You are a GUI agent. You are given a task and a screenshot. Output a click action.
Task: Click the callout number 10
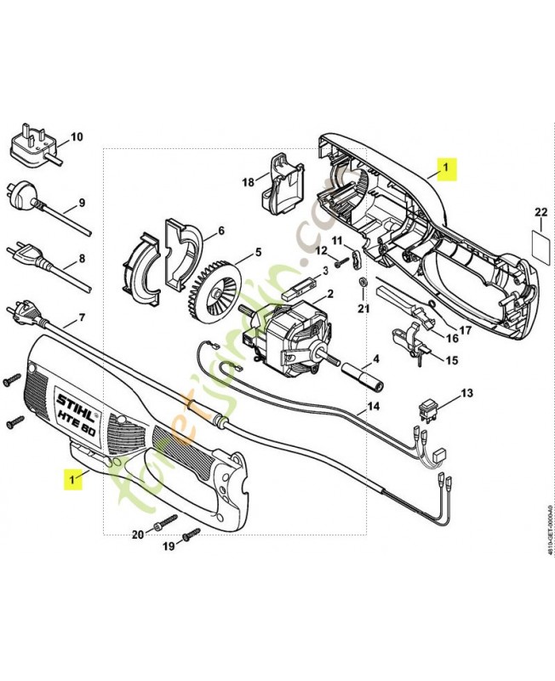tap(76, 136)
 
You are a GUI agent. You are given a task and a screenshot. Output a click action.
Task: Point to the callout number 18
tap(248, 182)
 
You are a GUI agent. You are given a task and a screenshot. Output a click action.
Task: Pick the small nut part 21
tap(361, 282)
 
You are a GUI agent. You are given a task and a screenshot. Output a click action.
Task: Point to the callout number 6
tap(220, 231)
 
